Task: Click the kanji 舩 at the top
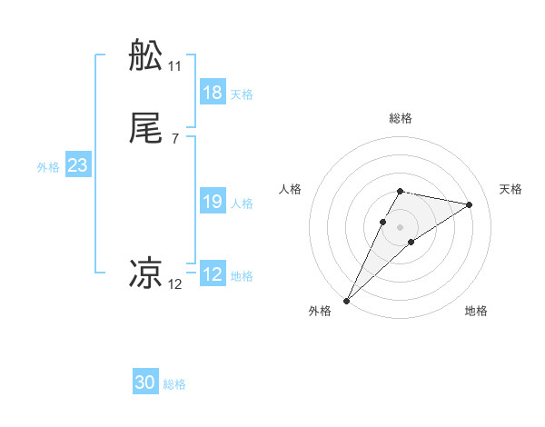point(145,56)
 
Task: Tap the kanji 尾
point(145,129)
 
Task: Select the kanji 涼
point(145,273)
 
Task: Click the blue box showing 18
point(213,92)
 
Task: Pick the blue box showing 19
point(213,202)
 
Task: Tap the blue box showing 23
point(77,165)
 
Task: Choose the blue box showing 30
point(145,382)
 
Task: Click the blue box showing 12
point(213,274)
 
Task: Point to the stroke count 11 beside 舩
point(174,66)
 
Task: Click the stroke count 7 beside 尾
point(174,139)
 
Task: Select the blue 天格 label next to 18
point(242,94)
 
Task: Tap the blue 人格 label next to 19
point(242,204)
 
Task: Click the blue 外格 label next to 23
point(47,167)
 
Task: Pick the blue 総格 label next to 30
point(174,384)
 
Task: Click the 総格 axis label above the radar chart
point(401,118)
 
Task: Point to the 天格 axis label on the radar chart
point(510,189)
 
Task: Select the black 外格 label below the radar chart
point(320,311)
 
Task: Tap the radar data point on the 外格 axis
point(346,300)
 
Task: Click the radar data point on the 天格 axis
point(470,204)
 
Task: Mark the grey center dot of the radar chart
point(401,226)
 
